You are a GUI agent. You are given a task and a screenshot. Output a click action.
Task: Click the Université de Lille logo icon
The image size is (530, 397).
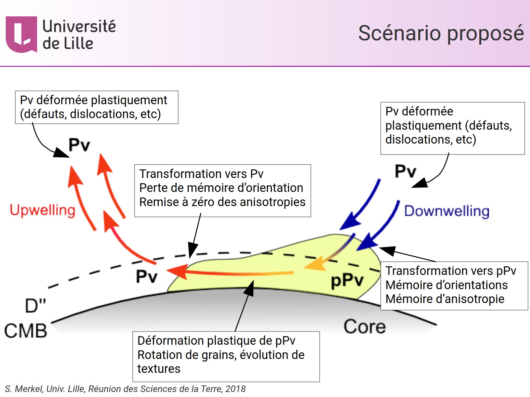click(21, 34)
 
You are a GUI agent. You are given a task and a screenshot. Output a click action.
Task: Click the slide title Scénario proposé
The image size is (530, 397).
click(441, 33)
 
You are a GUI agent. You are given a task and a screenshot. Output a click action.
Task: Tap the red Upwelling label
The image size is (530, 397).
click(43, 210)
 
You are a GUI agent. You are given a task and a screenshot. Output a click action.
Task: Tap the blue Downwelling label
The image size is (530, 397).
click(447, 211)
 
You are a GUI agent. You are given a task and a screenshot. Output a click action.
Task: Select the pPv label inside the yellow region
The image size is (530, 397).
click(347, 281)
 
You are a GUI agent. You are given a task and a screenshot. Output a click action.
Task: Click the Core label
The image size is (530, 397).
click(364, 327)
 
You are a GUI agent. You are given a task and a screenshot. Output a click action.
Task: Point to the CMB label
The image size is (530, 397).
click(26, 331)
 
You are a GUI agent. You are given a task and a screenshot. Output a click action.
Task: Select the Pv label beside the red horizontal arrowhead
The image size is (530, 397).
click(146, 276)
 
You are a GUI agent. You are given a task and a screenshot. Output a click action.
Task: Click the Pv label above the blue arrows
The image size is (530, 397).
click(405, 171)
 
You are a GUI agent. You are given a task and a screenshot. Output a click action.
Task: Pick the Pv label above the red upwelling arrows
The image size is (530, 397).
click(79, 145)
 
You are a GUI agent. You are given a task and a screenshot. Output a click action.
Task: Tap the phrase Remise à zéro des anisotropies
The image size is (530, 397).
click(222, 202)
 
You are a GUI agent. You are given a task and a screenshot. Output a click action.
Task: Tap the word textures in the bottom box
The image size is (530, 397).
click(159, 369)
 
